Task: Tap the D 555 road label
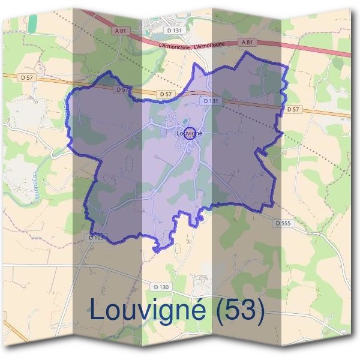(x=283, y=223)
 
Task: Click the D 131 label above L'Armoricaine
(x=174, y=29)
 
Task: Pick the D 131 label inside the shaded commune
(x=211, y=101)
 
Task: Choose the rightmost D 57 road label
(x=293, y=110)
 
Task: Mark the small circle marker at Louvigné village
(x=189, y=134)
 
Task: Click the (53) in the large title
(x=239, y=310)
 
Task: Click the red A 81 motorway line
(x=300, y=47)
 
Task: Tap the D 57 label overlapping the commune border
(x=122, y=89)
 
